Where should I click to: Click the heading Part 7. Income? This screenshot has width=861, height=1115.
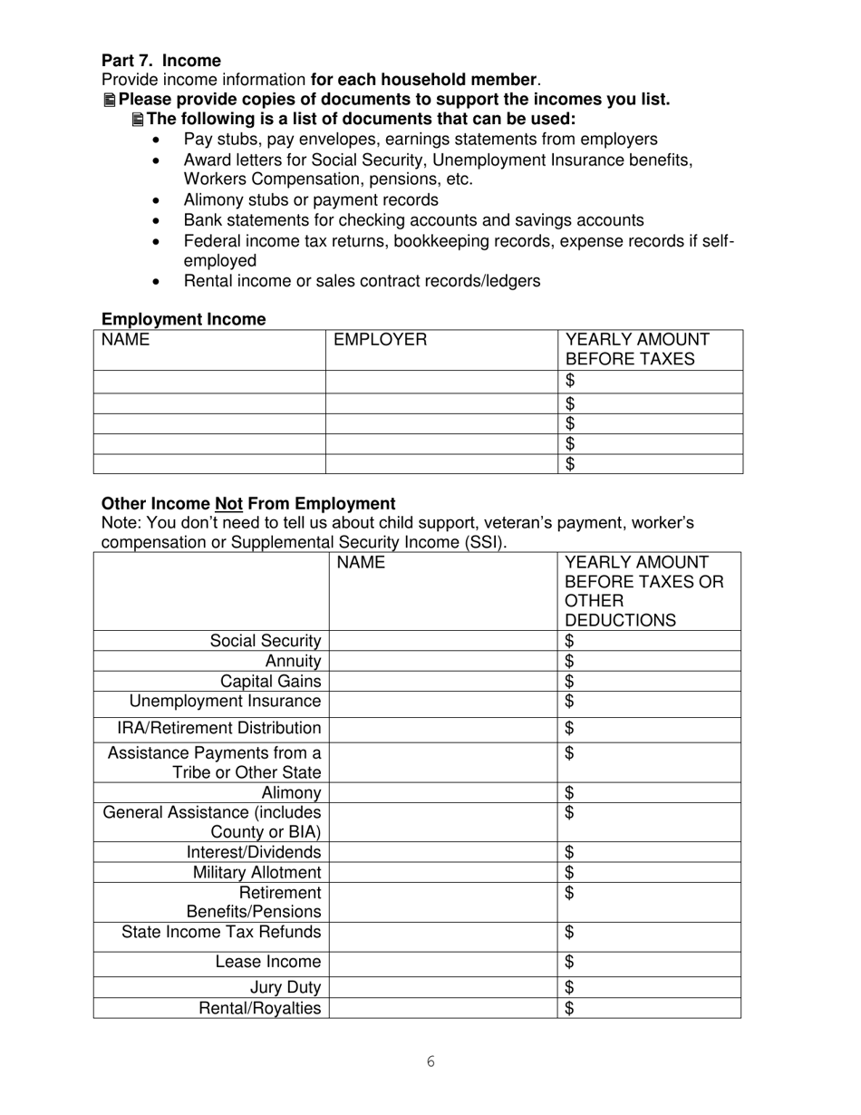[x=160, y=61]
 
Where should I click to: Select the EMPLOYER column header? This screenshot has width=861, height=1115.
[x=380, y=340]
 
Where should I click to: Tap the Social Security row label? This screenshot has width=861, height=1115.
[x=265, y=641]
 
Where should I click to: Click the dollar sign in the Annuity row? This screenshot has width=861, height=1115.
[x=569, y=661]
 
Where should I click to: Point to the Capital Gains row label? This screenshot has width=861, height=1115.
[x=270, y=681]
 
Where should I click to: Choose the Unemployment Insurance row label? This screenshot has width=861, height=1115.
[x=225, y=701]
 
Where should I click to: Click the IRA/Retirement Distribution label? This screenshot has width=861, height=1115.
[x=218, y=728]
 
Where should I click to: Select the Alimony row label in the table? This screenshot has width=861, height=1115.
[x=291, y=792]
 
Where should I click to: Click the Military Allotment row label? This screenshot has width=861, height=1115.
[x=256, y=872]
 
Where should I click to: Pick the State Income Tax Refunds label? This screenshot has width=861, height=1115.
[x=221, y=932]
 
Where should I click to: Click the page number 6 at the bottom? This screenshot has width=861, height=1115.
[x=430, y=1062]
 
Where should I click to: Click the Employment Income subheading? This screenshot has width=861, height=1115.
[x=183, y=319]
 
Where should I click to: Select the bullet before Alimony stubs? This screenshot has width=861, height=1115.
[x=160, y=200]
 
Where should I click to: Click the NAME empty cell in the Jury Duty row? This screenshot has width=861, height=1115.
[x=442, y=987]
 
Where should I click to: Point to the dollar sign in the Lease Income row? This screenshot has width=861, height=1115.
[x=569, y=961]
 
